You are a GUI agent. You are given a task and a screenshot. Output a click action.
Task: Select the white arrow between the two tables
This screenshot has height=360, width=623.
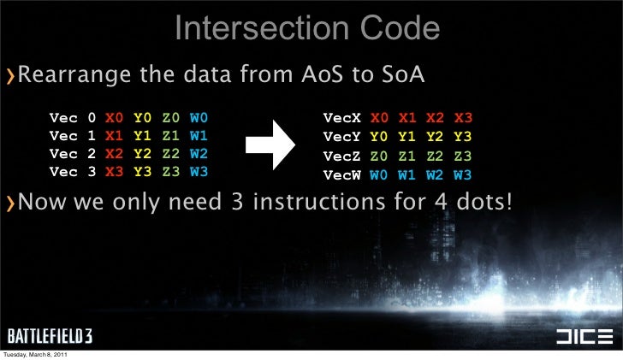tap(271, 144)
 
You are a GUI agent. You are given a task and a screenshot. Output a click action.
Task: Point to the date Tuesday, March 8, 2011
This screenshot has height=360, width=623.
tap(36, 355)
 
